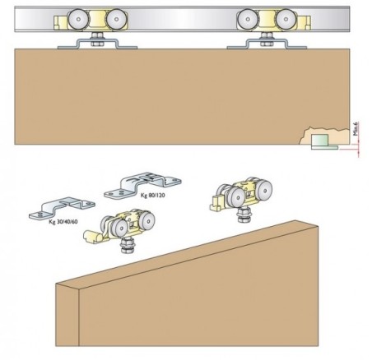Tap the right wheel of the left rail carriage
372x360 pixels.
118,21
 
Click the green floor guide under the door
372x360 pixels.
320,142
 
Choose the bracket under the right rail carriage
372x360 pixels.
265,43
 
